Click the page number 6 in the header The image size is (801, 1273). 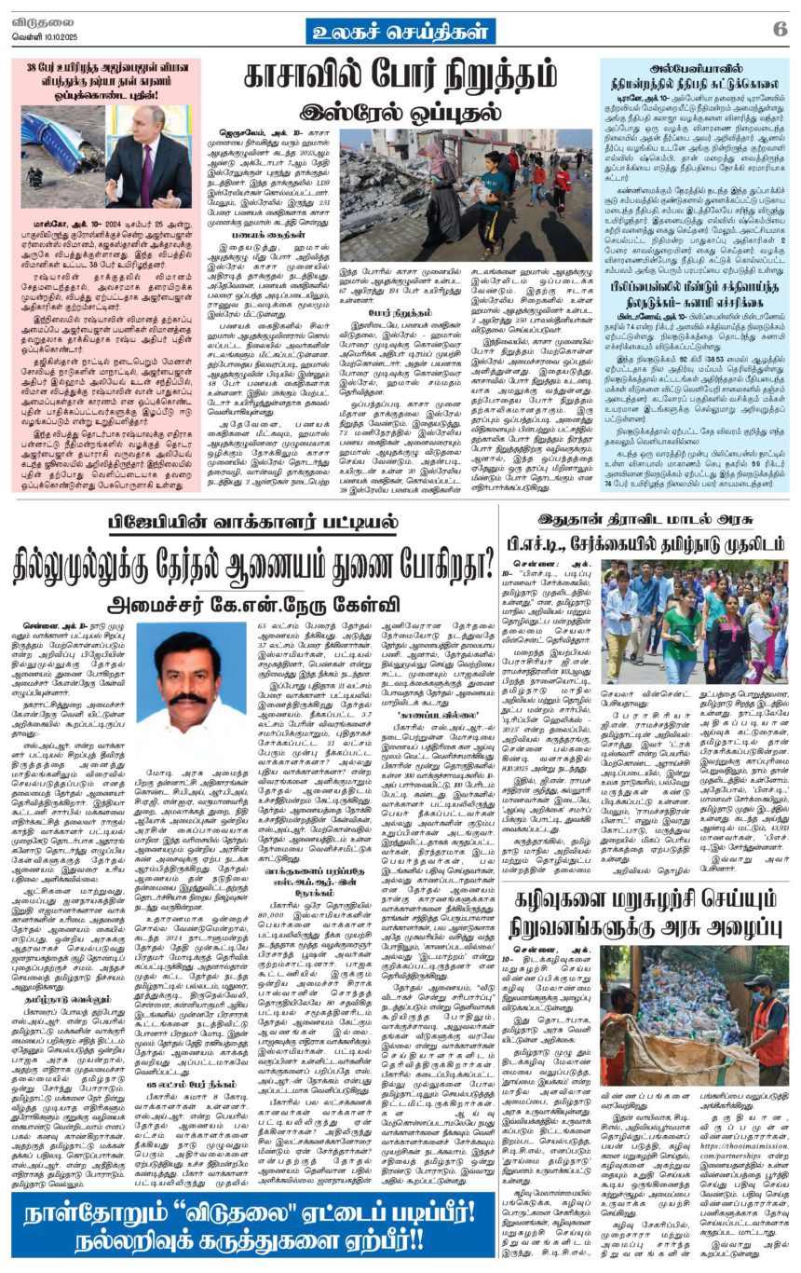point(780,28)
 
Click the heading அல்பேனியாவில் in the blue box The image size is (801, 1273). point(694,68)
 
